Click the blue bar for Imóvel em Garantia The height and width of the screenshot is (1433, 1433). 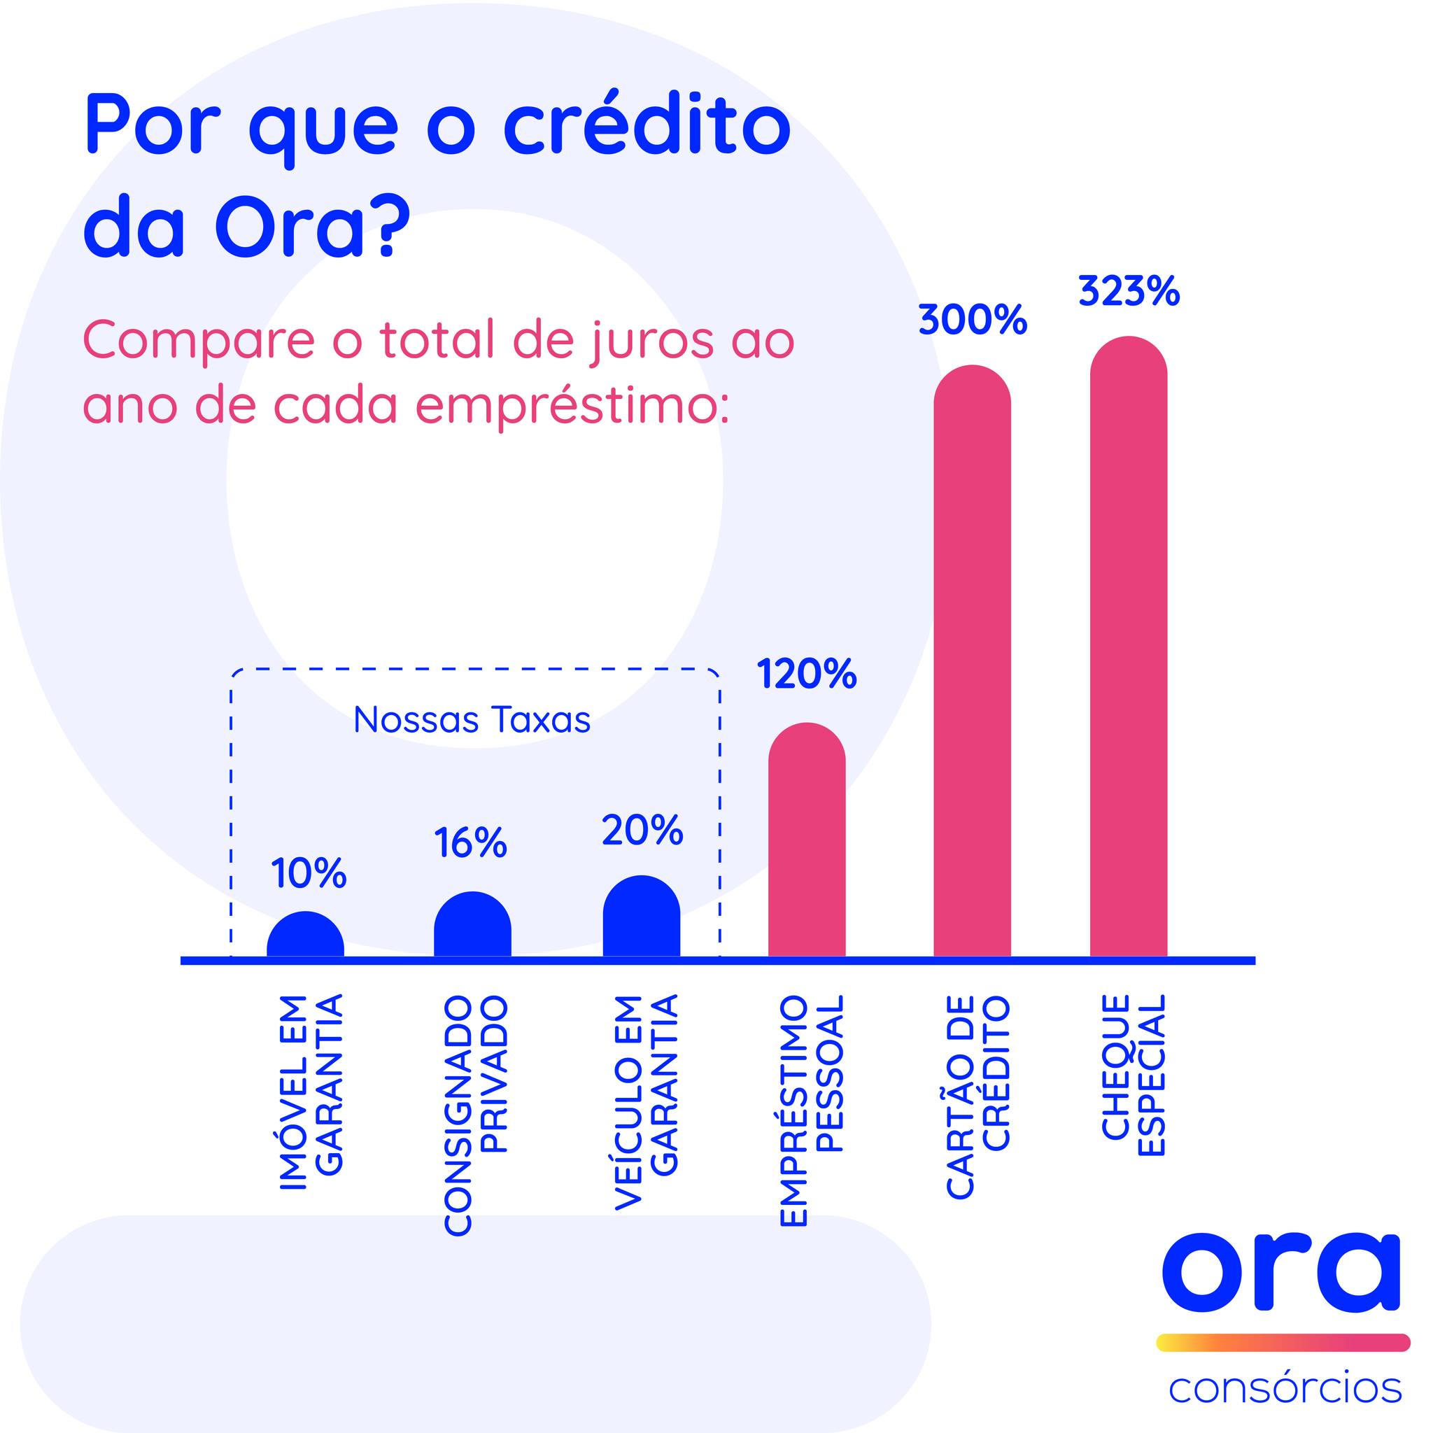[x=305, y=935]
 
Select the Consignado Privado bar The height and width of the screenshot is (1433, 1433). [x=472, y=925]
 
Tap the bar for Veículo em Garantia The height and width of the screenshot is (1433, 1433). [x=642, y=917]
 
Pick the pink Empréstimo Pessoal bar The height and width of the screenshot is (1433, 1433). [x=807, y=840]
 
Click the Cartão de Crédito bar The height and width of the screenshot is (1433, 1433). [x=973, y=662]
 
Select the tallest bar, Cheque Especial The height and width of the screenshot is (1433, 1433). [x=1129, y=647]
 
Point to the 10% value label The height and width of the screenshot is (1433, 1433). [x=309, y=873]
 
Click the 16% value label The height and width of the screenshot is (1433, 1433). [x=470, y=842]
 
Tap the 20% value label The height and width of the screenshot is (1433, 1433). [x=642, y=830]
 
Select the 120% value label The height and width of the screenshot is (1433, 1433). [x=807, y=675]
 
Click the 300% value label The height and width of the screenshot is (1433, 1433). [x=973, y=320]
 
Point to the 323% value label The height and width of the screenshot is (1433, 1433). [x=1129, y=292]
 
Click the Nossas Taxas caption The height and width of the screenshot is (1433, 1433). [x=472, y=719]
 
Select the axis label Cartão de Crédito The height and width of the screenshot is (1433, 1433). [x=977, y=1096]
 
